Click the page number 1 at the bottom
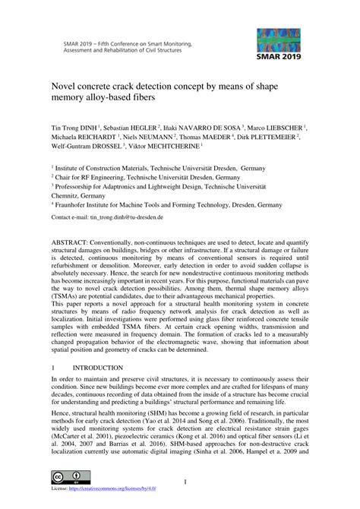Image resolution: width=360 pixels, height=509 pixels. point(185,482)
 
